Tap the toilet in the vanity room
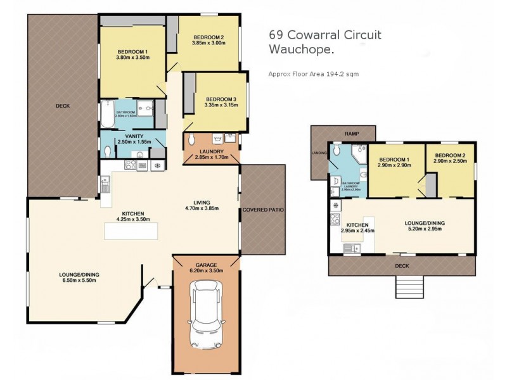coord(108,151)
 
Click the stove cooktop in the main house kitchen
coord(131,165)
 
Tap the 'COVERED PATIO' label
coord(263,209)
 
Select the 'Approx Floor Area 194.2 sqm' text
coord(314,74)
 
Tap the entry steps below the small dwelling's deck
coord(408,288)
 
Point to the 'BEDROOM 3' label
coord(221,99)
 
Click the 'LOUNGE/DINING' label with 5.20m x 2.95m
coord(424,222)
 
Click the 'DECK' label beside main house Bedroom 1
coord(62,106)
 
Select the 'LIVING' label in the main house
coord(202,201)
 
